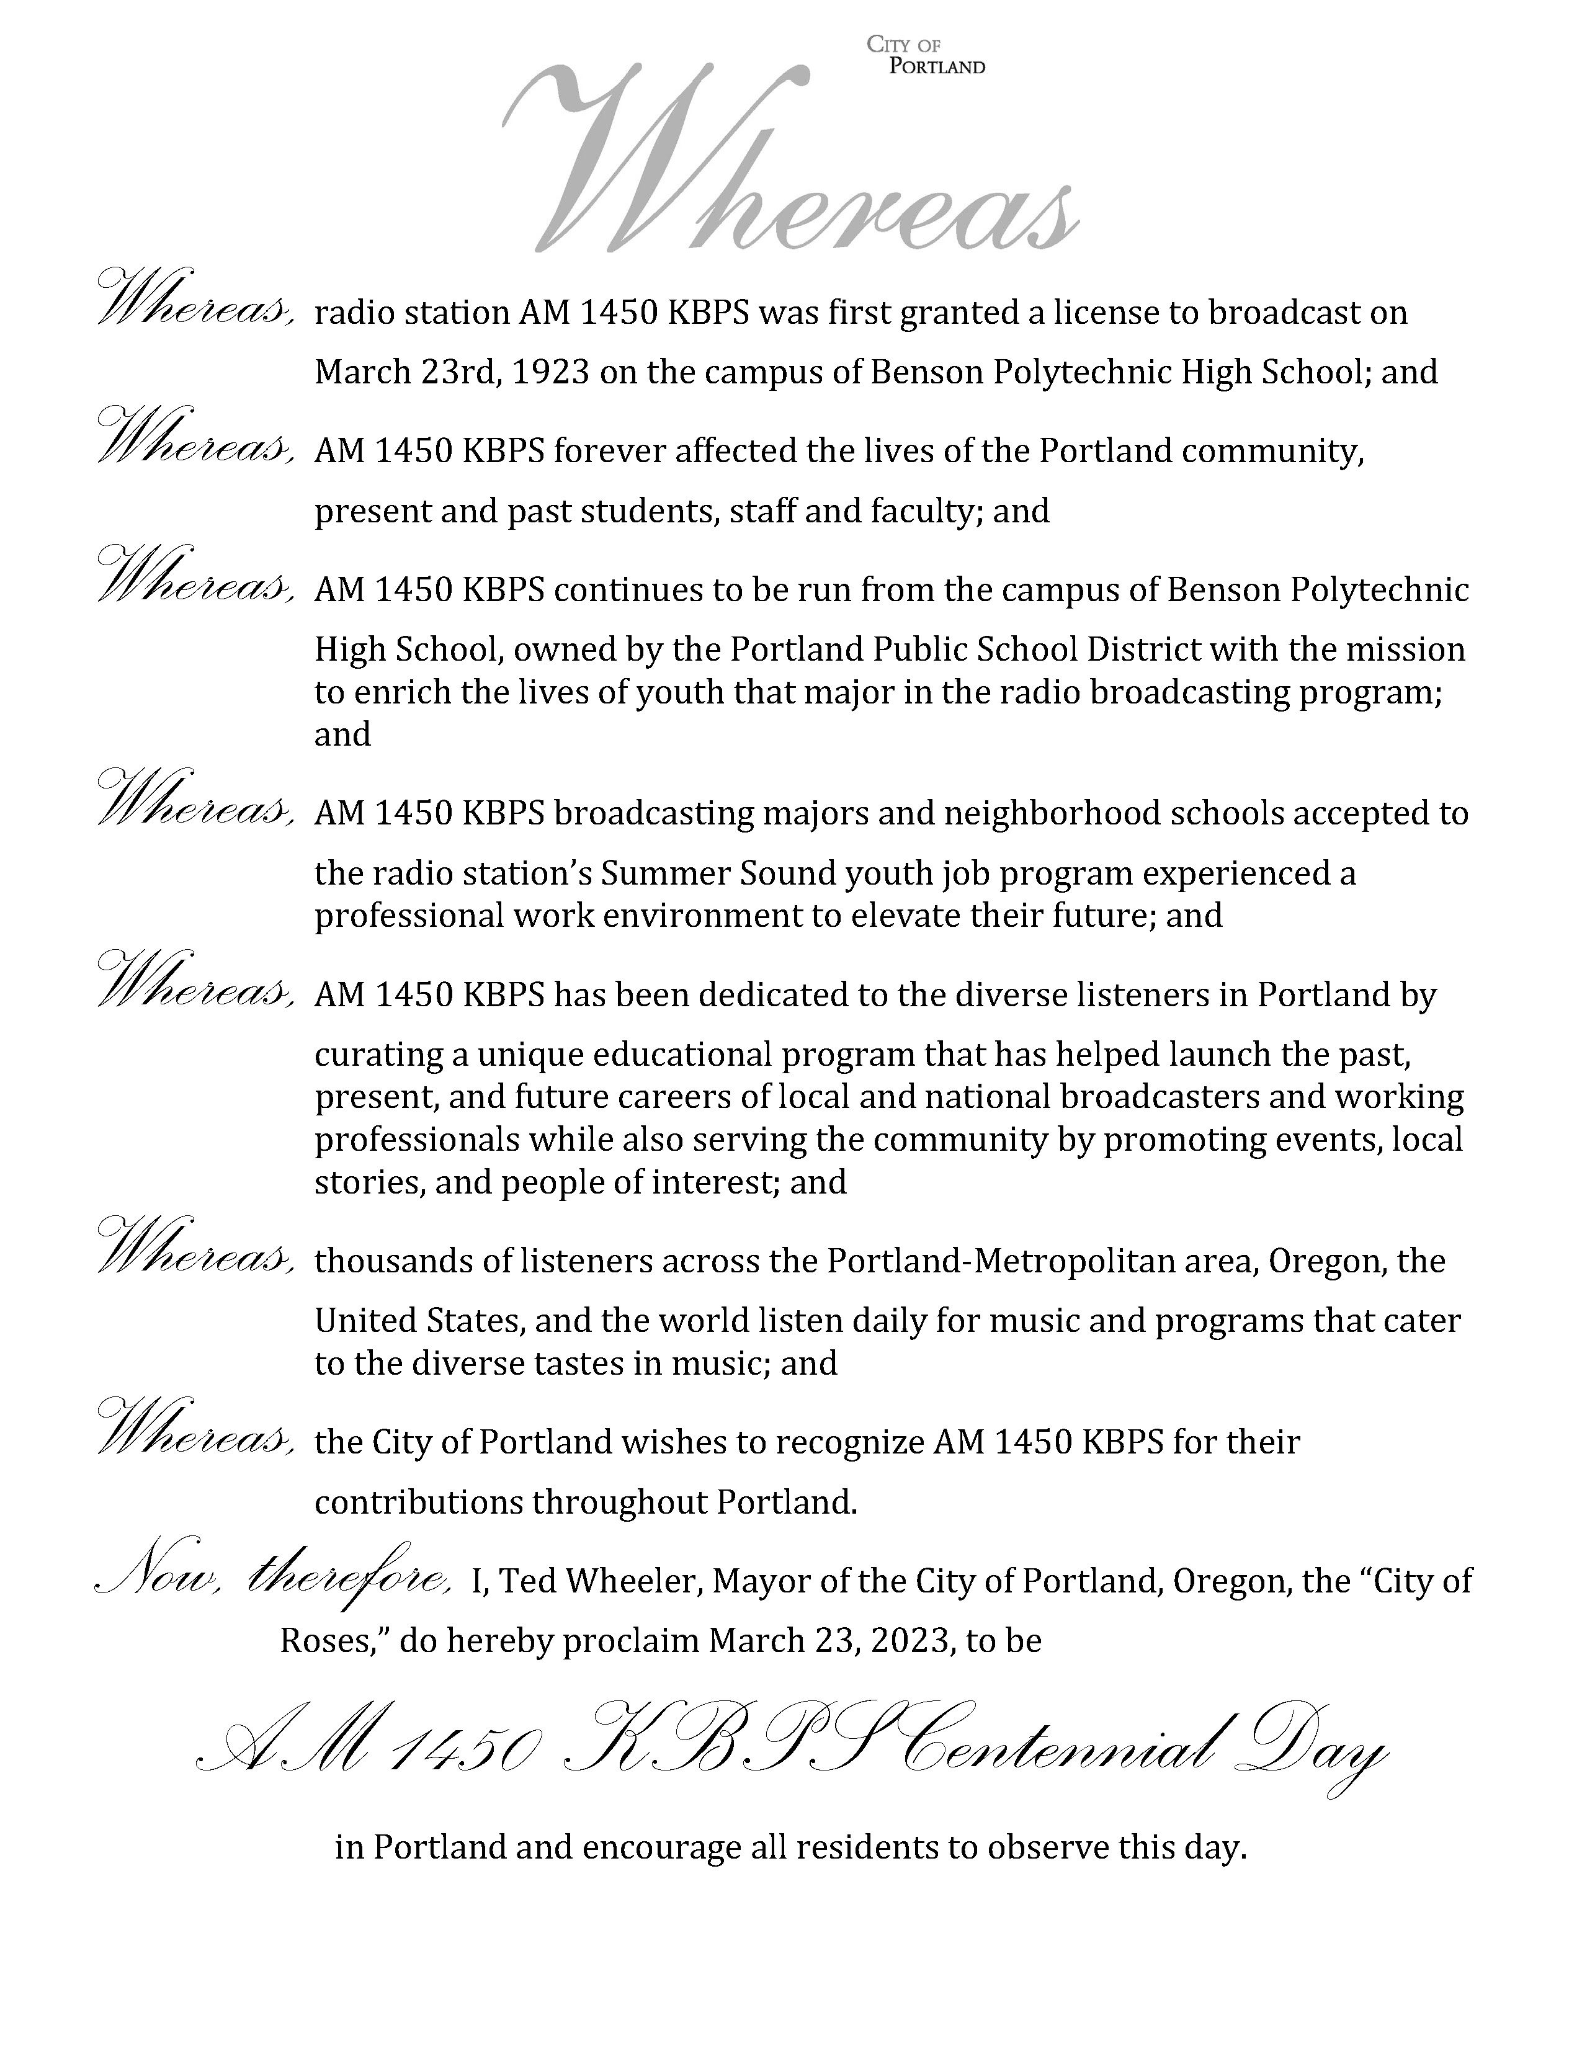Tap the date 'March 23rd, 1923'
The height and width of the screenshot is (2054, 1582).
coord(452,372)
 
